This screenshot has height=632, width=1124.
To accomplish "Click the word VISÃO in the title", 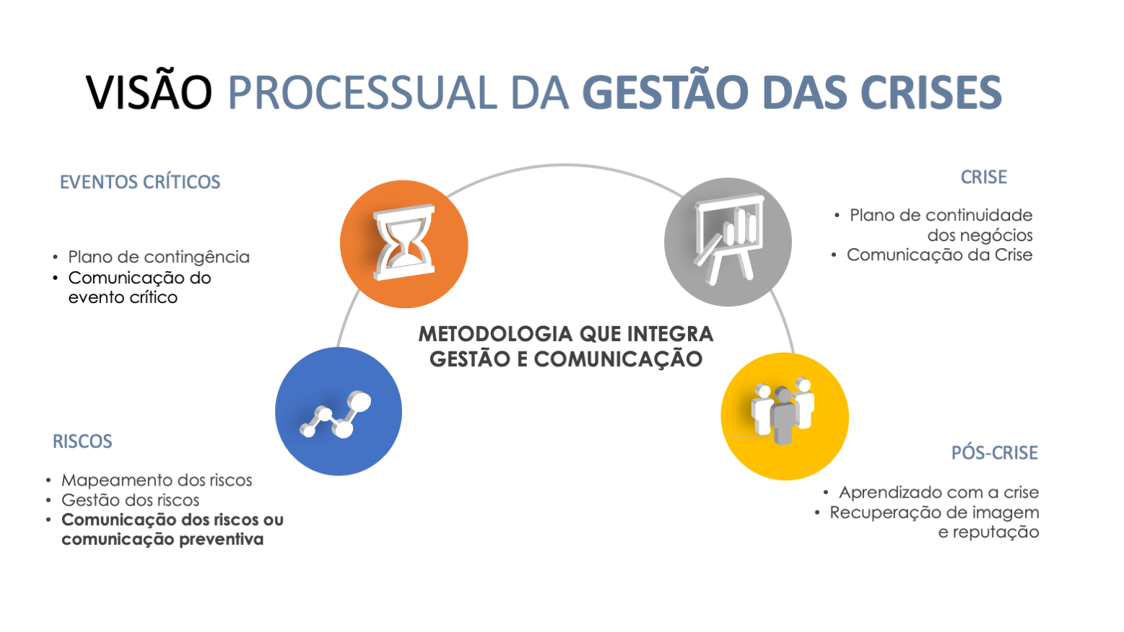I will point(149,92).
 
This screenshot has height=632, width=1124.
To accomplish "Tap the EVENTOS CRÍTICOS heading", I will point(140,182).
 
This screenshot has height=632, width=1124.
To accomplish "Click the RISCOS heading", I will point(82,442).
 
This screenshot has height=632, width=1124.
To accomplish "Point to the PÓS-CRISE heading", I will point(994,453).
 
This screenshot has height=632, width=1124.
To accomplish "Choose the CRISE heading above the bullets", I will point(983,177).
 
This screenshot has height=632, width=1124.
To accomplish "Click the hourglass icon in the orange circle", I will point(404,243).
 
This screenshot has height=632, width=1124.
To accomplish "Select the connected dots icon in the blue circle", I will point(337,413).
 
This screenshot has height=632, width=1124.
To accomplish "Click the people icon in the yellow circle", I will point(783,413).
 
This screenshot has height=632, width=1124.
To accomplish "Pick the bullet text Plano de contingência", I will point(159,258).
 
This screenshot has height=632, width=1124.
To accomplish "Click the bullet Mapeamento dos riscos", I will point(157,480).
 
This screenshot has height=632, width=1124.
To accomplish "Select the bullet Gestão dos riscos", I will point(130,500).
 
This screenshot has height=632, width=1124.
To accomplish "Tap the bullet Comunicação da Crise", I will point(939,255).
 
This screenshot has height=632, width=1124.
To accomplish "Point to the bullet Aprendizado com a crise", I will point(938,493).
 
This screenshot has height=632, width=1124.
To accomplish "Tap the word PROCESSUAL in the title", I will point(362,92).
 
